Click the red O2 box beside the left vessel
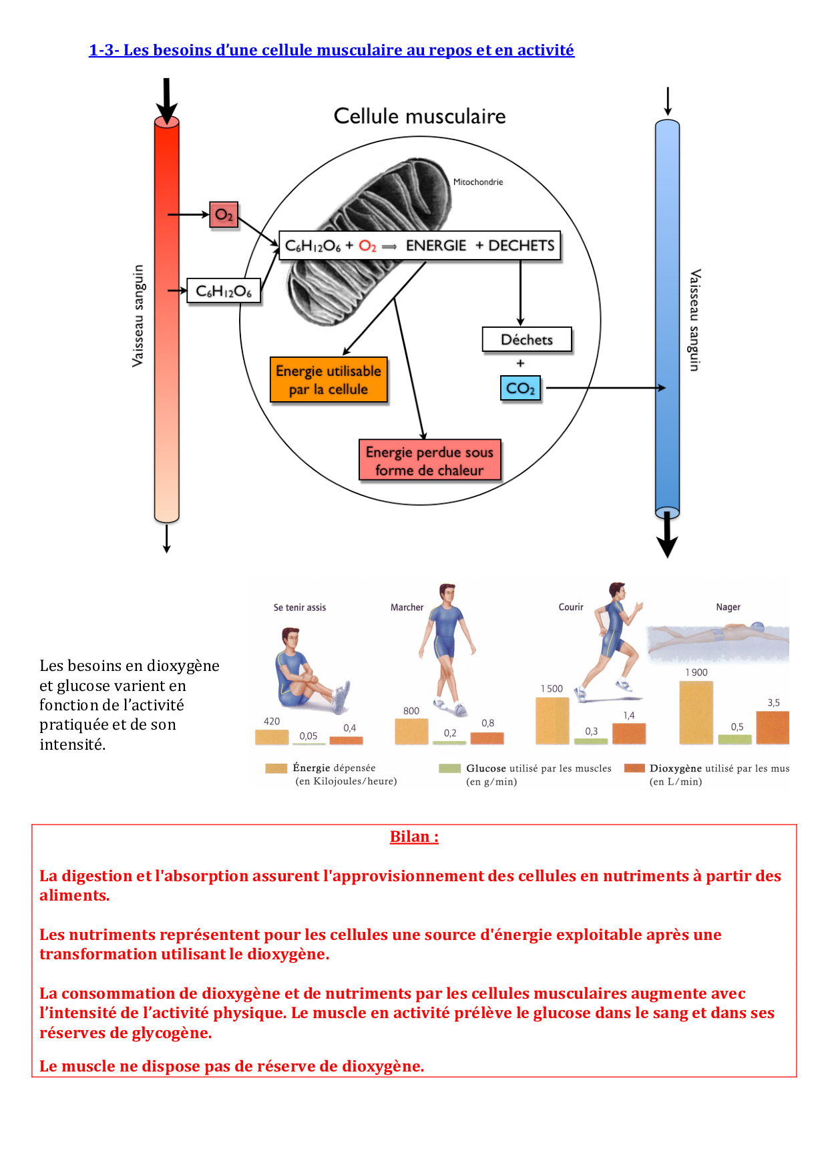coord(224,215)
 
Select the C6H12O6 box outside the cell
coord(224,291)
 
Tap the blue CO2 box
coord(520,388)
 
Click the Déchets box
coord(527,339)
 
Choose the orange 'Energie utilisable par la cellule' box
coord(329,380)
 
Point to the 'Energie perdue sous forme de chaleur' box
coord(429,461)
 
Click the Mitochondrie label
coord(478,182)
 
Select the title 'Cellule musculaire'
coord(419,116)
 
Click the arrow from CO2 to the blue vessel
coord(604,388)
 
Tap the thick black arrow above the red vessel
coord(166,100)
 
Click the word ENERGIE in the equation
coord(436,246)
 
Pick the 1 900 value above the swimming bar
coord(696,672)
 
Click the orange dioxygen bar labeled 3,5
coord(773,727)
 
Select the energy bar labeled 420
coord(272,737)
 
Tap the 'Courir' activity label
coord(571,607)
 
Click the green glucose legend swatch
coord(449,768)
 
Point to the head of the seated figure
coord(290,638)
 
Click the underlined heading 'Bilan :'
coord(414,837)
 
